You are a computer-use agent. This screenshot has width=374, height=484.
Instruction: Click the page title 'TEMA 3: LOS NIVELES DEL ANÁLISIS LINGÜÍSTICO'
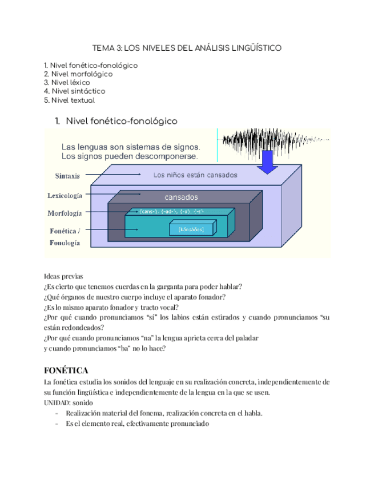tap(187, 49)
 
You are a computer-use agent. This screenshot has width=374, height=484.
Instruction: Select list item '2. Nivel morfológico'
tap(78, 74)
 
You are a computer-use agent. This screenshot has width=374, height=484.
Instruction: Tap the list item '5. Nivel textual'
tap(69, 100)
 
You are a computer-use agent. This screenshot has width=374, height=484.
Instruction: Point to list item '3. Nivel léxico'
tap(67, 83)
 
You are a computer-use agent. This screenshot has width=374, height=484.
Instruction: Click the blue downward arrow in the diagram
tap(266, 163)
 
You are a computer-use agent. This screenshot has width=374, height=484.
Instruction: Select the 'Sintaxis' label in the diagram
tap(68, 175)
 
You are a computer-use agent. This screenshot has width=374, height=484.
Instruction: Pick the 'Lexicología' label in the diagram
tap(65, 195)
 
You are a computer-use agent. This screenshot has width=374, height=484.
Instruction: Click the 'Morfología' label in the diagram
tap(65, 213)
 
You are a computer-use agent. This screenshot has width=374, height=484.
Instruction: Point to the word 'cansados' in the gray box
tap(181, 197)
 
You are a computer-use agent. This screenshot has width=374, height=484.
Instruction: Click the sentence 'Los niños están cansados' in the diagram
tap(195, 175)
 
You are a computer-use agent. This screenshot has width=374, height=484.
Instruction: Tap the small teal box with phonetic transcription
tap(191, 229)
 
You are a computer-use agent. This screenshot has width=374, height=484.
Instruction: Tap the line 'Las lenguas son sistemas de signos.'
tap(130, 147)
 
